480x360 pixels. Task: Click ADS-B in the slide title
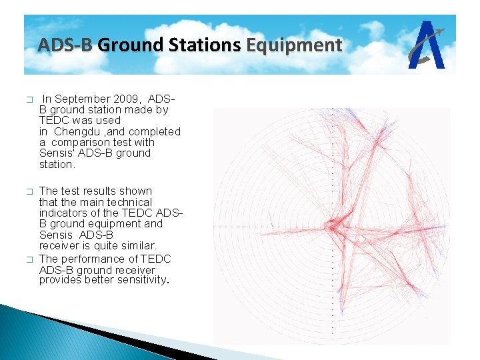tap(65, 45)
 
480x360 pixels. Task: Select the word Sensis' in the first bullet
tap(57, 153)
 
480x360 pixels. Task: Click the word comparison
tap(79, 142)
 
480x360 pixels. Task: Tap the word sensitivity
tap(139, 281)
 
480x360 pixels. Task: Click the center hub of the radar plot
tap(332, 227)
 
